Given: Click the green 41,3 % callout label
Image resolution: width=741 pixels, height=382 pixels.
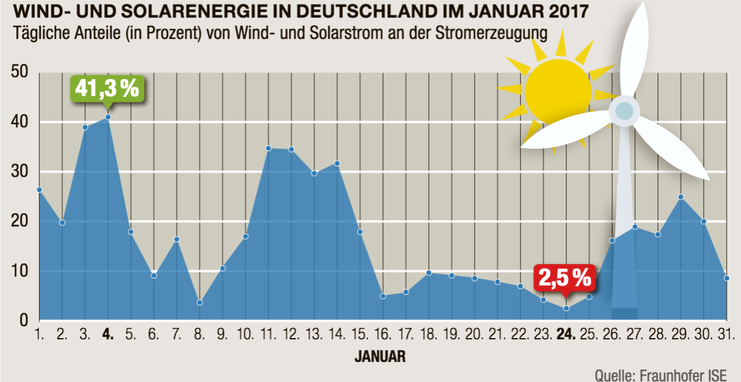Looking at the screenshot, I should (107, 88).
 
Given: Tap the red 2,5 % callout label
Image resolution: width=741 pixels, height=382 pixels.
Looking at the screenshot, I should (564, 277).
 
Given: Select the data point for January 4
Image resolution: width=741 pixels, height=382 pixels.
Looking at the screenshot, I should (108, 117).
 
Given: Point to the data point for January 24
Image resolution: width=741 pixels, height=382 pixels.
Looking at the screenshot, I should (566, 308).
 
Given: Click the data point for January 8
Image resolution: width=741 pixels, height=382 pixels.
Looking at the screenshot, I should (199, 302).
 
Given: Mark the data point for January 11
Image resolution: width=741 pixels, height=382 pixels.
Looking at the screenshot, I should (268, 148).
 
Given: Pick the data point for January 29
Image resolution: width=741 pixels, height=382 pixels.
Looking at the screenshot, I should (681, 197).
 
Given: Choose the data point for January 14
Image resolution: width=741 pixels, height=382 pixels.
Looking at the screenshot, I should (337, 163).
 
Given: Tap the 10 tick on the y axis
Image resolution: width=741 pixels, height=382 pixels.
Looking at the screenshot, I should (21, 272).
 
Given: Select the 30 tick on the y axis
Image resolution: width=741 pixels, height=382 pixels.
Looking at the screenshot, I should (21, 172).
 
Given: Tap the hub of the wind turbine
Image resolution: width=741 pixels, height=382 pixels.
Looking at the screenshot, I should (624, 111).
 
